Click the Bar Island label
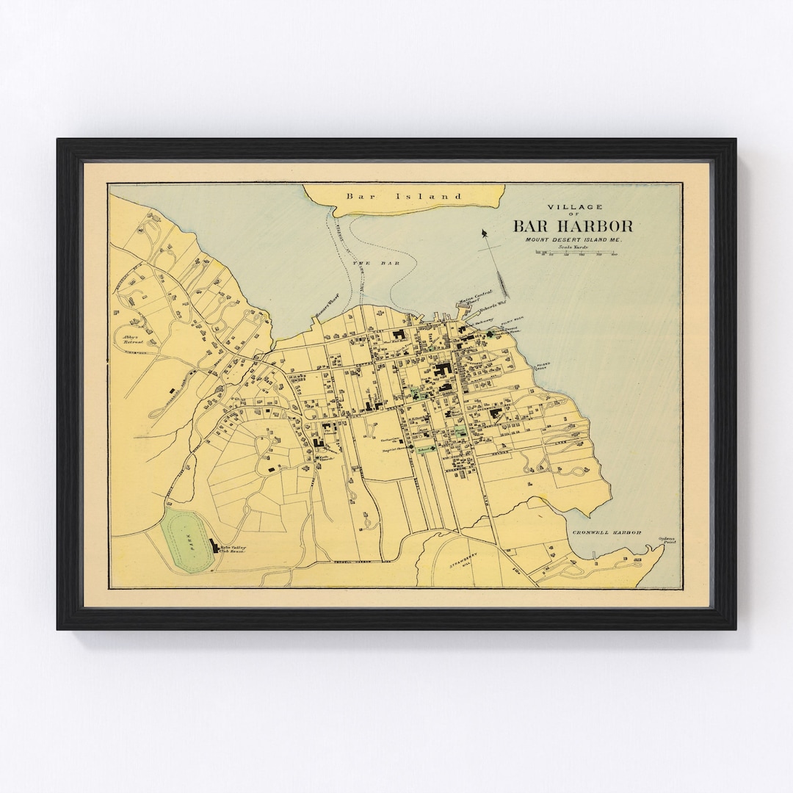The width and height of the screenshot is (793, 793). click(x=405, y=196)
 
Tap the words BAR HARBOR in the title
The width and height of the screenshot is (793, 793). click(x=573, y=225)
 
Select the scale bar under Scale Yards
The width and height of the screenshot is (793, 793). click(x=576, y=253)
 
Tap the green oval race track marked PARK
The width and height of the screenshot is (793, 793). click(x=188, y=543)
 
